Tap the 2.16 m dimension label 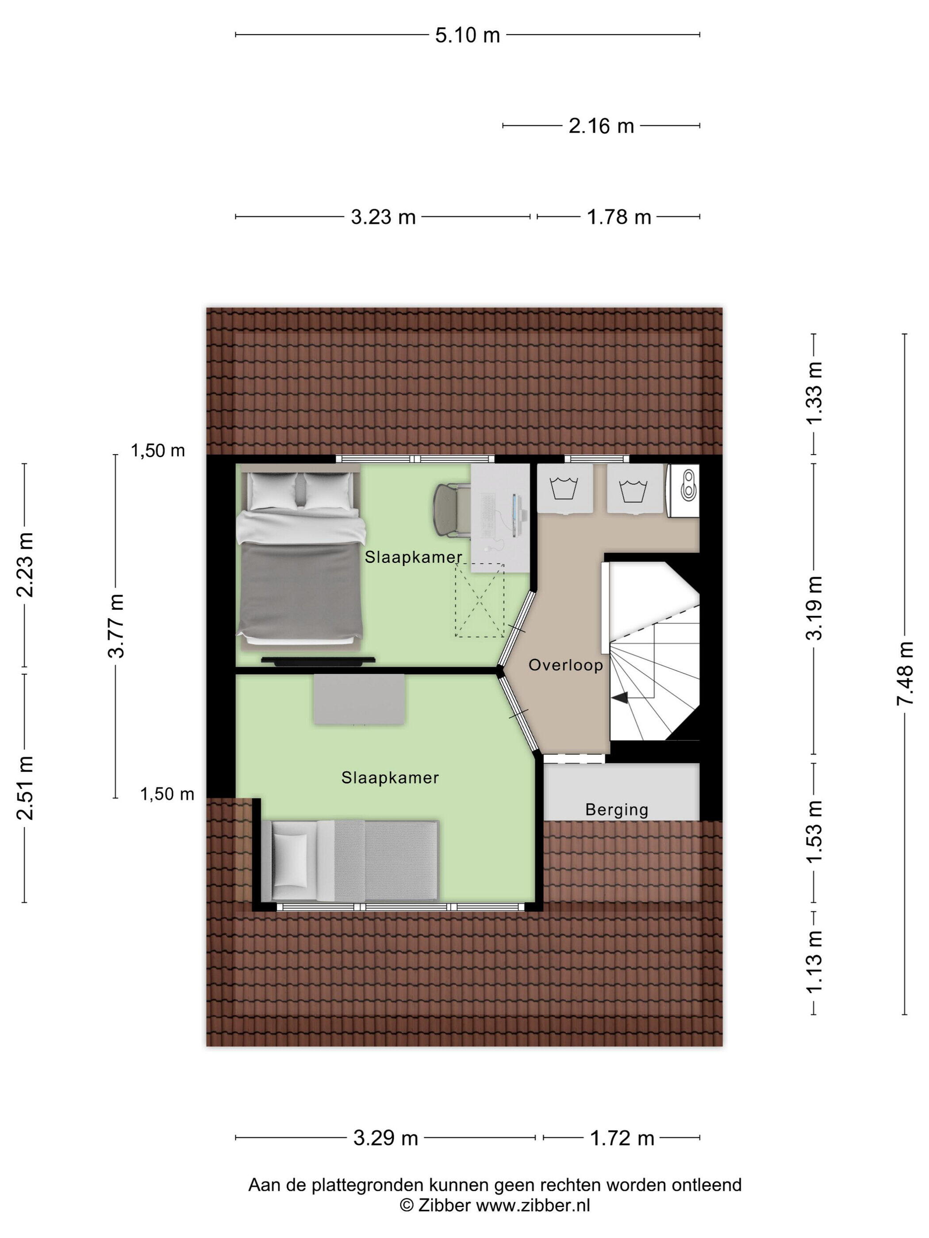[601, 126]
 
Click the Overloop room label [565, 665]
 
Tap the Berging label [617, 810]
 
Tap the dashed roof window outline [480, 600]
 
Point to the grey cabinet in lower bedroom [359, 699]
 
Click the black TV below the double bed [318, 661]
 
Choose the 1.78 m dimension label [619, 217]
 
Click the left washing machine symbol [565, 488]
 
